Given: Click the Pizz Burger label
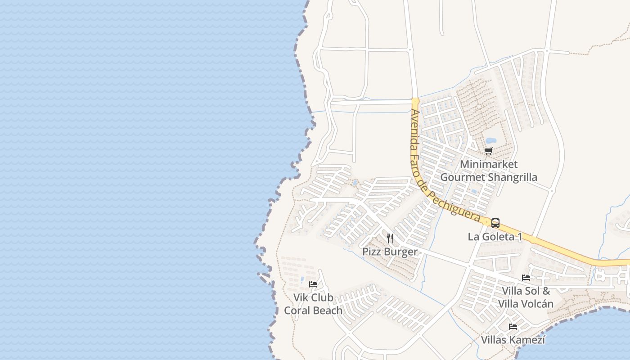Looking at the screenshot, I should pos(390,252).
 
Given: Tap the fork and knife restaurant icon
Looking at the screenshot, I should pos(390,238).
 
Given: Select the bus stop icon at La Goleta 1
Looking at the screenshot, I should pos(495,223).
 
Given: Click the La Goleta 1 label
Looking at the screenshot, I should pos(495,237).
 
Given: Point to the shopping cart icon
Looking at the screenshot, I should pos(488,151).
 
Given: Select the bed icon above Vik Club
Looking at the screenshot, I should pos(313,284).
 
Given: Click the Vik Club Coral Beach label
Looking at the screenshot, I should pos(313,304).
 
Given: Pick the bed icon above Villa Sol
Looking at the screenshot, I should pos(526,277).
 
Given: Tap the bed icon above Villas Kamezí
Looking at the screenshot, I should pos(513,326).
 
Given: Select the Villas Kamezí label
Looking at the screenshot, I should pos(513,340).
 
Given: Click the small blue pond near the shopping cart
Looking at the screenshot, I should pos(490,141).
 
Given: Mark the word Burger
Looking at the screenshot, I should pos(400,252).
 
